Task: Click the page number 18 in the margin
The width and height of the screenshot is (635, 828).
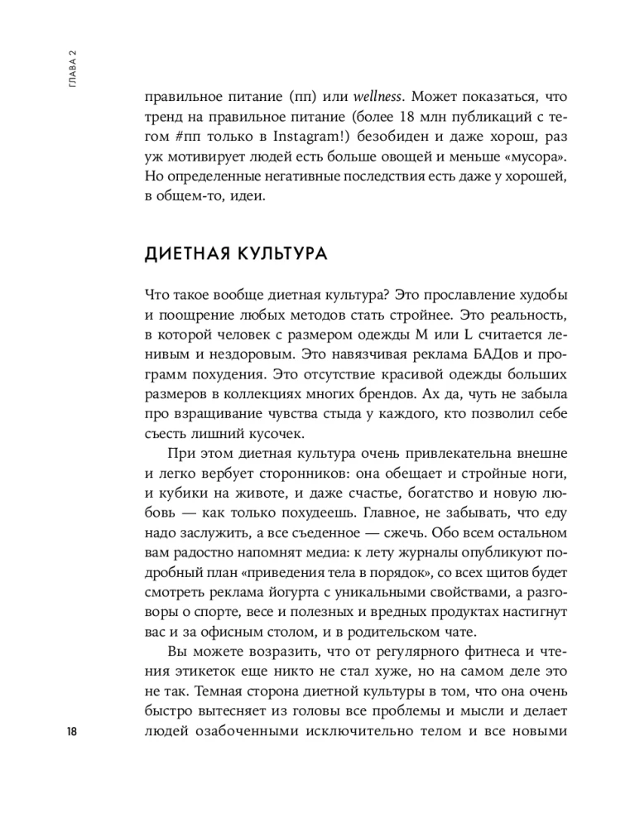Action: click(72, 731)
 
